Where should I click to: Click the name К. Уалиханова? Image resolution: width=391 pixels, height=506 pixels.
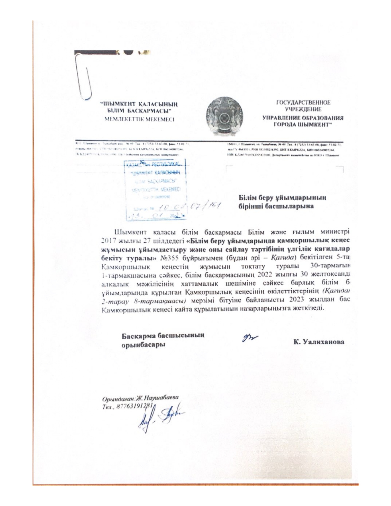(x=318, y=342)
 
